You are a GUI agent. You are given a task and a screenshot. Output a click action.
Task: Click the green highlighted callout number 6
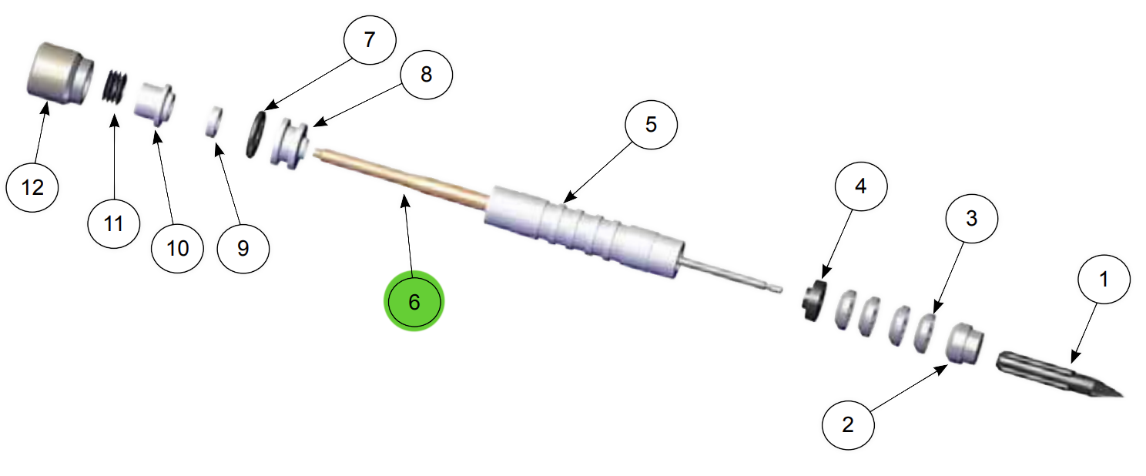click(414, 302)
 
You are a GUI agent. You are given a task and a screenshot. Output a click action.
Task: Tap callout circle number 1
click(1104, 279)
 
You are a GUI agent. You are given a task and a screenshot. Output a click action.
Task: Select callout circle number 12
click(32, 186)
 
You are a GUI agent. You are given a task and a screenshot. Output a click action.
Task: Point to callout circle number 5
click(651, 125)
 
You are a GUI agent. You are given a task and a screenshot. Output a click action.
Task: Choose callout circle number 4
click(860, 187)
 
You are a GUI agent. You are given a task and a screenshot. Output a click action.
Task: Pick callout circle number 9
click(243, 247)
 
